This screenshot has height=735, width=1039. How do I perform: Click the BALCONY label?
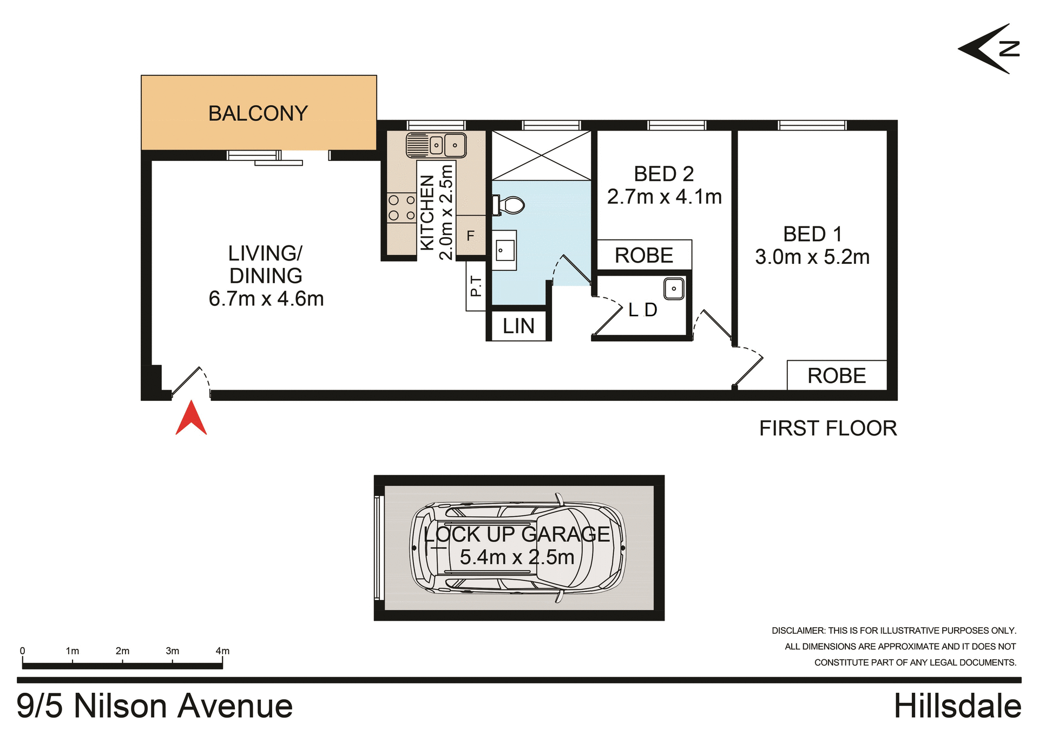(258, 114)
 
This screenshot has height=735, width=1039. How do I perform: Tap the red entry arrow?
(191, 419)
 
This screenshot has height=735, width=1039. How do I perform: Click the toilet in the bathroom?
(509, 206)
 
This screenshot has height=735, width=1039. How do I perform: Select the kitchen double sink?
(436, 145)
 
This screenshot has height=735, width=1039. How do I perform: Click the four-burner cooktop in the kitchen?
(402, 208)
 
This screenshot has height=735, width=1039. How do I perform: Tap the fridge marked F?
(470, 236)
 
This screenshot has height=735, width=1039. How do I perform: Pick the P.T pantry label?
(476, 286)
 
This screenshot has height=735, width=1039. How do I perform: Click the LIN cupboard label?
(518, 326)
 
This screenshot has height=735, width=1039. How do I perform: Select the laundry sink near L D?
(674, 289)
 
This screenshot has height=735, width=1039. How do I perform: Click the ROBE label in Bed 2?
(644, 255)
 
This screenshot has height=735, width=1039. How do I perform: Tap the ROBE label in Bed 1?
(837, 376)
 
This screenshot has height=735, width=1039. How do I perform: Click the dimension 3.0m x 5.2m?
(812, 257)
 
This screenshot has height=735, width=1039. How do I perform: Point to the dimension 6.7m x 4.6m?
(266, 299)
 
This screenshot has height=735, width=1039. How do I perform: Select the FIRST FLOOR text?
(828, 428)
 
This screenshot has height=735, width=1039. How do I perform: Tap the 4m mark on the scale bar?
(222, 651)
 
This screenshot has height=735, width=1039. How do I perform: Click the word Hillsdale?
(957, 706)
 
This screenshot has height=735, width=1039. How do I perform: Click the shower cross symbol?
(541, 155)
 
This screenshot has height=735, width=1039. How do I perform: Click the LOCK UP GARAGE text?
(517, 535)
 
